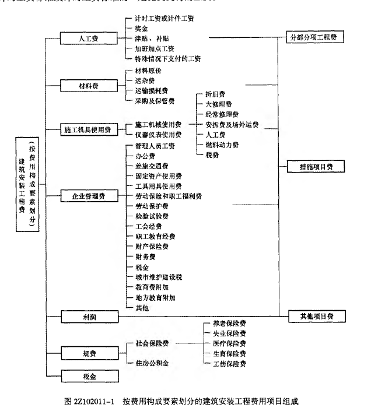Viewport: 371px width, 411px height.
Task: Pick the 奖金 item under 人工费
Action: [142, 28]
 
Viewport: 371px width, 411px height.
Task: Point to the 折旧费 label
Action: [216, 94]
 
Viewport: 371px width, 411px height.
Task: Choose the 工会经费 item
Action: [148, 226]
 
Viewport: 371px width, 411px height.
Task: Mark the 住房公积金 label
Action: [153, 364]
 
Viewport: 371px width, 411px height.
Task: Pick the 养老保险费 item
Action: [225, 324]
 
